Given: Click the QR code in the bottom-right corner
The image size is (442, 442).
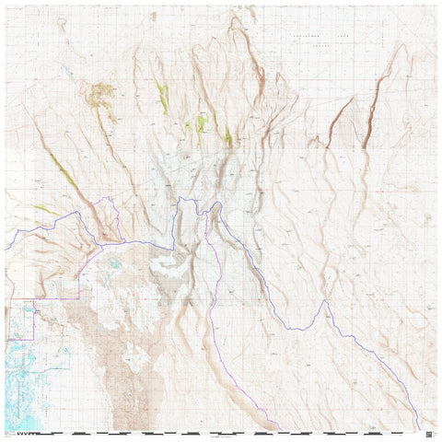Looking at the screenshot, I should coord(429,429).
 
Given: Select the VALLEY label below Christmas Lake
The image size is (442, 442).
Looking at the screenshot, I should coord(320,42).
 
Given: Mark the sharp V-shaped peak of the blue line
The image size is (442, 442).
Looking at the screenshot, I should coord(325,301).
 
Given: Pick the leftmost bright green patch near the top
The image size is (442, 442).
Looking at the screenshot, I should coord(163,97).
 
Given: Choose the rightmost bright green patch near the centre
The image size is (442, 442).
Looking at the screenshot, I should coord(227,137).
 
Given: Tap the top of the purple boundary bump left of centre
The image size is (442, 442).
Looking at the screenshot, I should coord(110,198).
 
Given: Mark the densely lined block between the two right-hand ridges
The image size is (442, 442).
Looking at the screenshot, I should coord(355,138).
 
